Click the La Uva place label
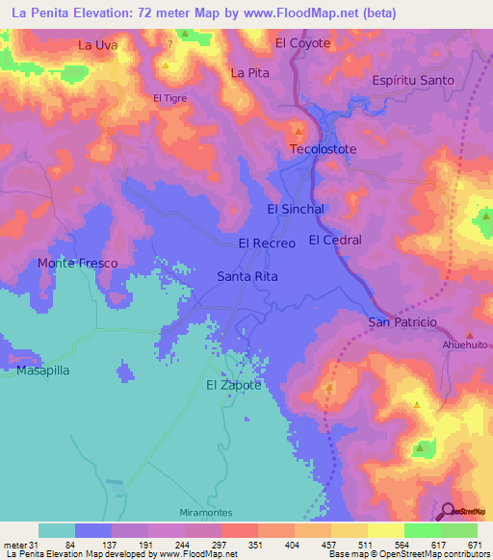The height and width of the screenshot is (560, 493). pos(97,44)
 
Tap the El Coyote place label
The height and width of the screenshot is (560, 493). pos(302,43)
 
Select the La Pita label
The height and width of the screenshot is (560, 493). pos(247,73)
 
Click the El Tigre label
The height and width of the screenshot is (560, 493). pos(169,98)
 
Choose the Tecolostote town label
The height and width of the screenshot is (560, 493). pos(324,149)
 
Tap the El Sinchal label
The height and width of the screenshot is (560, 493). pos(295,209)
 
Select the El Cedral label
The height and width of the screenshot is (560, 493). pos(335,240)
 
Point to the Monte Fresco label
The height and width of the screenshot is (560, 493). pos(77,263)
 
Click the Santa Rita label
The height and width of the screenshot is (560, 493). pos(247,276)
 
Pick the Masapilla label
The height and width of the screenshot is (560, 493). pos(43,369)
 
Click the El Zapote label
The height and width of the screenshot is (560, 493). pos(234,385)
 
